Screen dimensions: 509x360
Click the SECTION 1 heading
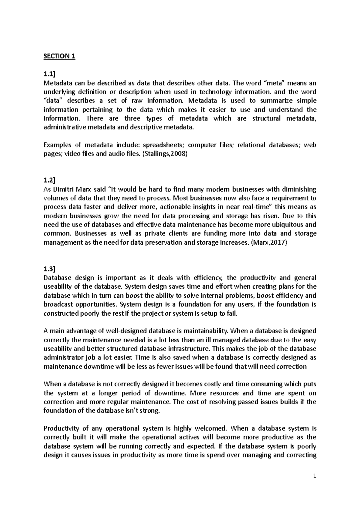(x=59, y=56)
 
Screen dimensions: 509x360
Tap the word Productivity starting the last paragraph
(x=61, y=428)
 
